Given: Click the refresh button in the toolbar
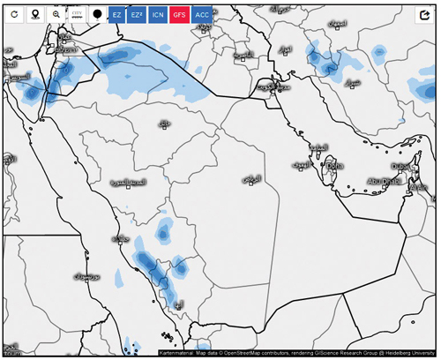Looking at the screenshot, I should [15, 15].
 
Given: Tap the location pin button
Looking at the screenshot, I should [35, 15].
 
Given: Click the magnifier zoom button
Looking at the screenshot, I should [56, 15].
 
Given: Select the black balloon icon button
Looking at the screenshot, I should [96, 15].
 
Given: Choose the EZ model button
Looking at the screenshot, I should [116, 15].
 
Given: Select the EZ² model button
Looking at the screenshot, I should [137, 15].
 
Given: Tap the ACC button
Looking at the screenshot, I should [203, 15].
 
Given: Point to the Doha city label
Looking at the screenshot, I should [334, 165].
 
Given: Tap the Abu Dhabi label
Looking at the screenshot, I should [385, 182].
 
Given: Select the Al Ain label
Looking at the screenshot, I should [418, 187].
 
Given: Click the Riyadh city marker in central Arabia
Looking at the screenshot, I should [250, 179].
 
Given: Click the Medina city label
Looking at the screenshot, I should [127, 182].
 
